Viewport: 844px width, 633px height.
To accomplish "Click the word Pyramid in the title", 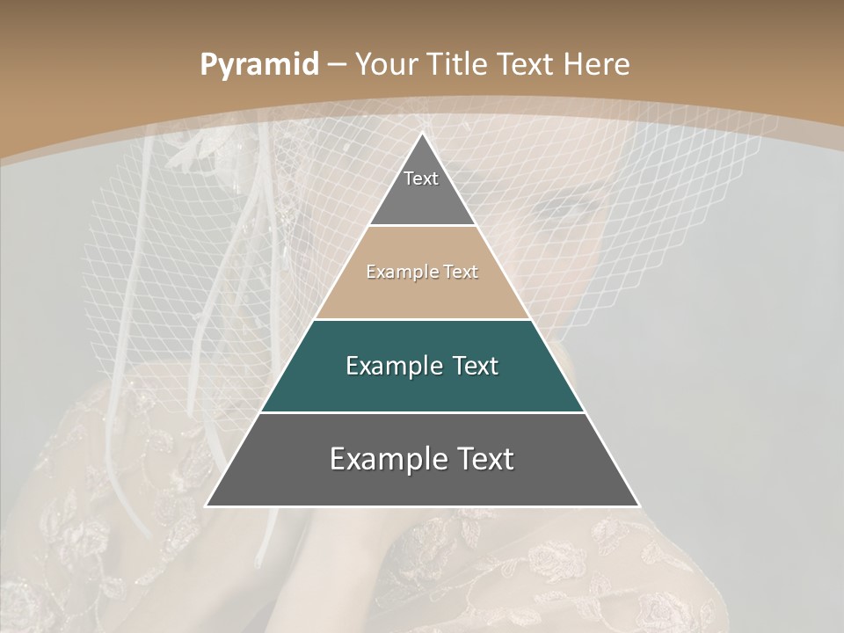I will click(x=258, y=65).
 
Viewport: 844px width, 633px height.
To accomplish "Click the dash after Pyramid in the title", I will click(x=337, y=65).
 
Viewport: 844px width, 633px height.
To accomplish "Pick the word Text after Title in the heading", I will click(x=527, y=64).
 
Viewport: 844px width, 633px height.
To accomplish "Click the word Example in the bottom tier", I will click(x=388, y=459).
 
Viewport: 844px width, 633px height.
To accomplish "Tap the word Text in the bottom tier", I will click(x=485, y=459).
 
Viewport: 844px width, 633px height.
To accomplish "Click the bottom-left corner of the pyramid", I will click(x=207, y=506).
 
